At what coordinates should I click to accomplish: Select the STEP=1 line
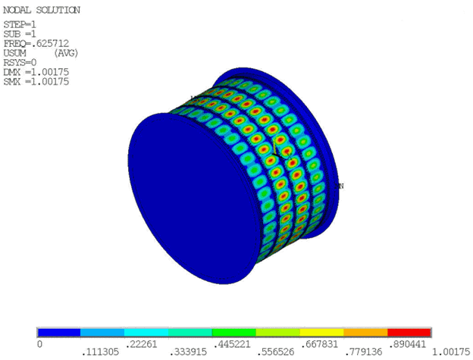pos(20,24)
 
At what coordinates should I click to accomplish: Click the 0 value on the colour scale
pos(39,344)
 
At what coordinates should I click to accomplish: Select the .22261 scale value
pos(145,344)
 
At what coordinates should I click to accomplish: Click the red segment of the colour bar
pos(409,332)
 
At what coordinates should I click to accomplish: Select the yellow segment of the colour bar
pos(321,332)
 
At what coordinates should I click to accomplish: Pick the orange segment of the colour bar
pos(365,332)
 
